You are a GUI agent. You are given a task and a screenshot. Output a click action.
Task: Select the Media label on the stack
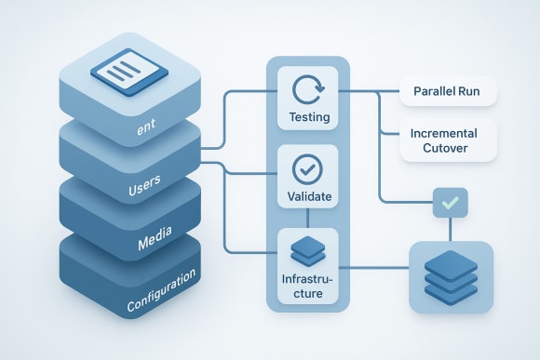click(155, 241)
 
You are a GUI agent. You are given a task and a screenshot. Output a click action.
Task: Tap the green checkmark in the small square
click(450, 202)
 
